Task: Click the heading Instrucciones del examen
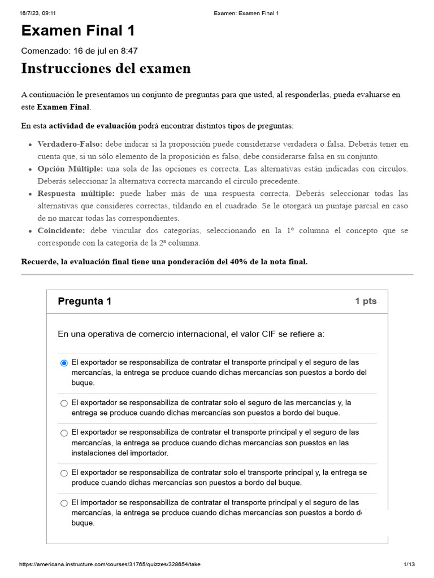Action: (x=106, y=68)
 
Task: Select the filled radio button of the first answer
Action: (x=64, y=363)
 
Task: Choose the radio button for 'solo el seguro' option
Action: (x=64, y=403)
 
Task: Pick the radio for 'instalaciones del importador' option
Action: (x=64, y=433)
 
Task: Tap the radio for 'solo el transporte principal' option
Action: (x=64, y=473)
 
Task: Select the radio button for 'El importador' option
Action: (x=64, y=503)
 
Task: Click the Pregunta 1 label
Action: (x=84, y=301)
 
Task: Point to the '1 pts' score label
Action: (x=365, y=301)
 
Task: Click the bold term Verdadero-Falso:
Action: (x=70, y=144)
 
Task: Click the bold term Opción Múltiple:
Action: (x=70, y=169)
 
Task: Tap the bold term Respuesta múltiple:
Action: (x=76, y=194)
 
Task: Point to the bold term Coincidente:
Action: (x=61, y=231)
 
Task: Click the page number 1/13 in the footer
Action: (x=409, y=564)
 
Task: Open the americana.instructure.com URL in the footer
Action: (x=110, y=564)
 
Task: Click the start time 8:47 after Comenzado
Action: (x=128, y=51)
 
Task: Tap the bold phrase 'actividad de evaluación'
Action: (x=93, y=125)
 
